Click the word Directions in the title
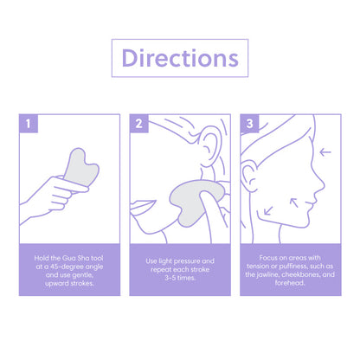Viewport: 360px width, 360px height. (x=179, y=58)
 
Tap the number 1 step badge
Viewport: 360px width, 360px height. (x=29, y=123)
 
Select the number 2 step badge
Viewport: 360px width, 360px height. (x=139, y=123)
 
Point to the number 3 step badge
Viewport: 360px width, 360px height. (x=250, y=123)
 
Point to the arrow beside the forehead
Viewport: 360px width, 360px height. (x=325, y=153)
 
